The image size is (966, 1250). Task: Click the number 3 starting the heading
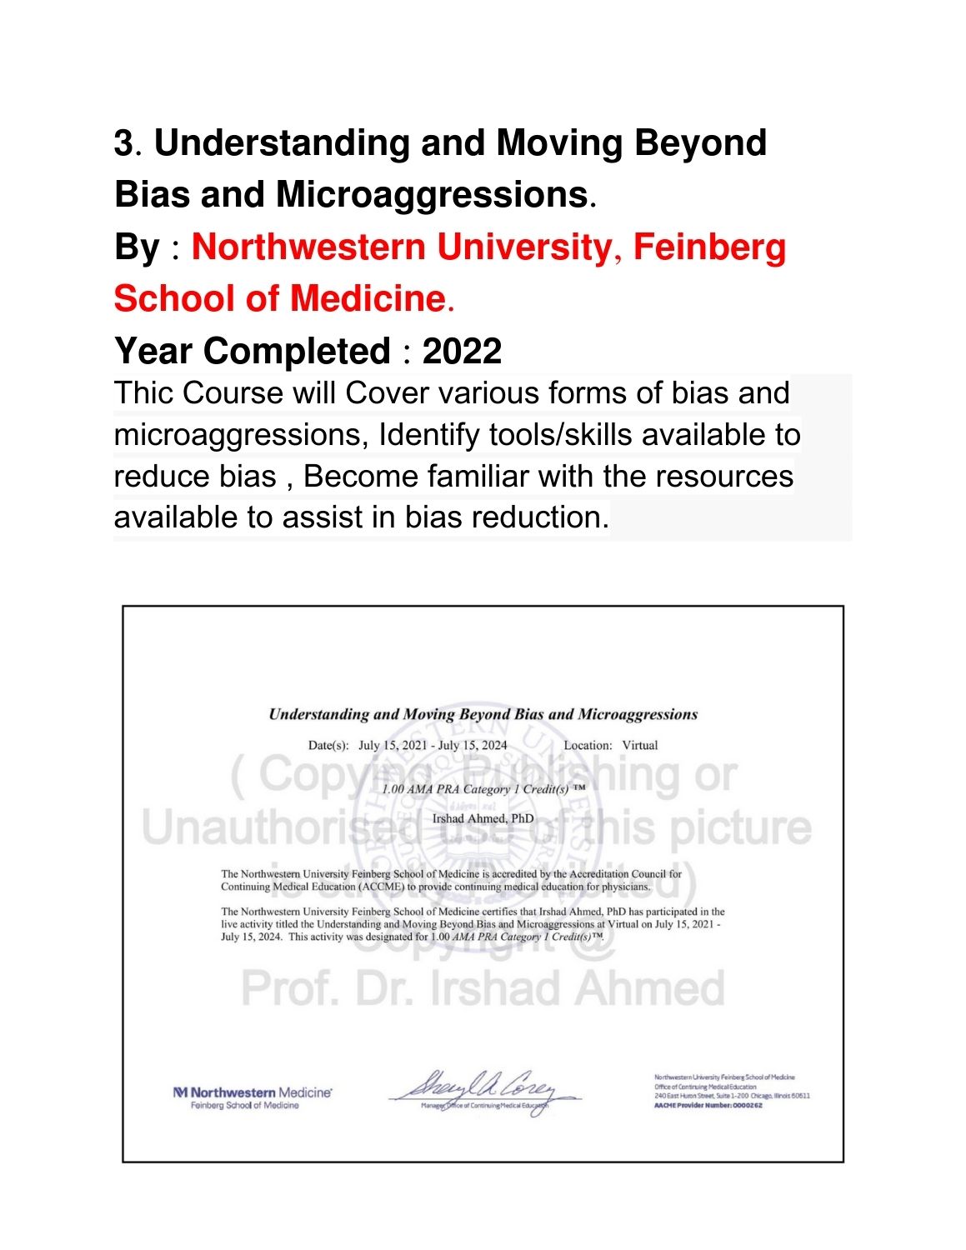tap(123, 143)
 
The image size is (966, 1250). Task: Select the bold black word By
tap(137, 247)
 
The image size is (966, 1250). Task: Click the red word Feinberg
tap(709, 247)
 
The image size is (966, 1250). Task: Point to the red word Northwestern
tap(308, 247)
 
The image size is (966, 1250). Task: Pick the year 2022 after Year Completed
tap(462, 352)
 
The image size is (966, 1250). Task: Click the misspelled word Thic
tap(143, 393)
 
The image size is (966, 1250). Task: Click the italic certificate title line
tap(483, 714)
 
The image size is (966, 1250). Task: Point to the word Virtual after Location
tap(640, 745)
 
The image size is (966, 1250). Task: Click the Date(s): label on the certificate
tap(328, 745)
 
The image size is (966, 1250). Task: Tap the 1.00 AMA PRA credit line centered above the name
tap(483, 788)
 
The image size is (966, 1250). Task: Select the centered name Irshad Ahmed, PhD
tap(483, 818)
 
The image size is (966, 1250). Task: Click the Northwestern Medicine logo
tap(253, 1097)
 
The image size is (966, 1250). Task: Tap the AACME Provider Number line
tap(708, 1106)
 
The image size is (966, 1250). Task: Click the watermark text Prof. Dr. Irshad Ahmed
tap(483, 988)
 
